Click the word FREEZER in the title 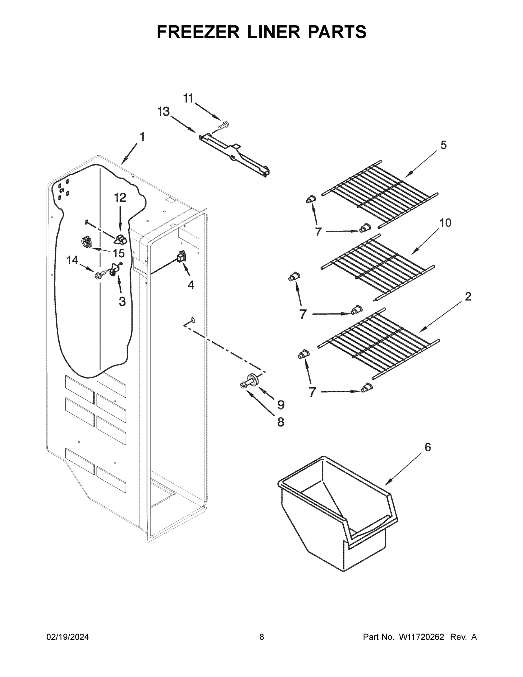tap(198, 32)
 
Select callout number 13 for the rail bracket tap(164, 112)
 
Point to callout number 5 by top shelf tap(444, 145)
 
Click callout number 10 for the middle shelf tap(445, 223)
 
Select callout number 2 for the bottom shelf tap(468, 297)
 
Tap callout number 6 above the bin tap(428, 447)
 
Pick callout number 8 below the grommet tap(281, 422)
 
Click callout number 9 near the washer tap(281, 405)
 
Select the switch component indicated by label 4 tap(181, 257)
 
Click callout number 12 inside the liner tap(120, 197)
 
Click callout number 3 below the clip tap(122, 301)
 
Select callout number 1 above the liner tap(142, 137)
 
